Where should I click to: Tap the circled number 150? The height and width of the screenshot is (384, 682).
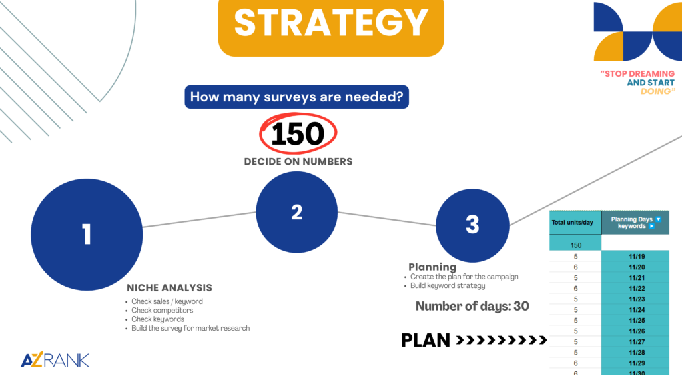pyautogui.click(x=298, y=133)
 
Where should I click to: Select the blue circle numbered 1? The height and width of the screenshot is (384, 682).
pyautogui.click(x=87, y=235)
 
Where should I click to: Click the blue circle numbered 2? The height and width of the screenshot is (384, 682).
pyautogui.click(x=296, y=212)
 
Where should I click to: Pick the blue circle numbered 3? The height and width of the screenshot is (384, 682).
pyautogui.click(x=472, y=225)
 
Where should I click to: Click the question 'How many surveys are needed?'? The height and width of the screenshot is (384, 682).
pyautogui.click(x=296, y=97)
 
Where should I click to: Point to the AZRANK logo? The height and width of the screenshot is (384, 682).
pyautogui.click(x=55, y=359)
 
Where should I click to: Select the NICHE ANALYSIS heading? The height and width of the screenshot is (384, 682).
pyautogui.click(x=170, y=288)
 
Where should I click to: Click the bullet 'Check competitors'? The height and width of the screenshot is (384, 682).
pyautogui.click(x=163, y=311)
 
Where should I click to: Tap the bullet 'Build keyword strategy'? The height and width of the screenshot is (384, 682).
pyautogui.click(x=448, y=285)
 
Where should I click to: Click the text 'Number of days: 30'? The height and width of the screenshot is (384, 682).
pyautogui.click(x=472, y=306)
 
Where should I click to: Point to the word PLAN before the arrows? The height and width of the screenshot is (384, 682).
pyautogui.click(x=426, y=340)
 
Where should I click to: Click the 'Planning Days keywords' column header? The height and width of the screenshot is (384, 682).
pyautogui.click(x=635, y=223)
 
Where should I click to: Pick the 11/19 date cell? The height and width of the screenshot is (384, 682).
pyautogui.click(x=635, y=257)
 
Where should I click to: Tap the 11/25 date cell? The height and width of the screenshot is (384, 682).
pyautogui.click(x=635, y=321)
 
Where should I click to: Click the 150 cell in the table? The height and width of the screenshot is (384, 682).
pyautogui.click(x=575, y=245)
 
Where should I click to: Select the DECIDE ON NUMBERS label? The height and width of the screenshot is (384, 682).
pyautogui.click(x=298, y=161)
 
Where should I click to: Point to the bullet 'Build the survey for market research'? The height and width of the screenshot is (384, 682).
pyautogui.click(x=190, y=328)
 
